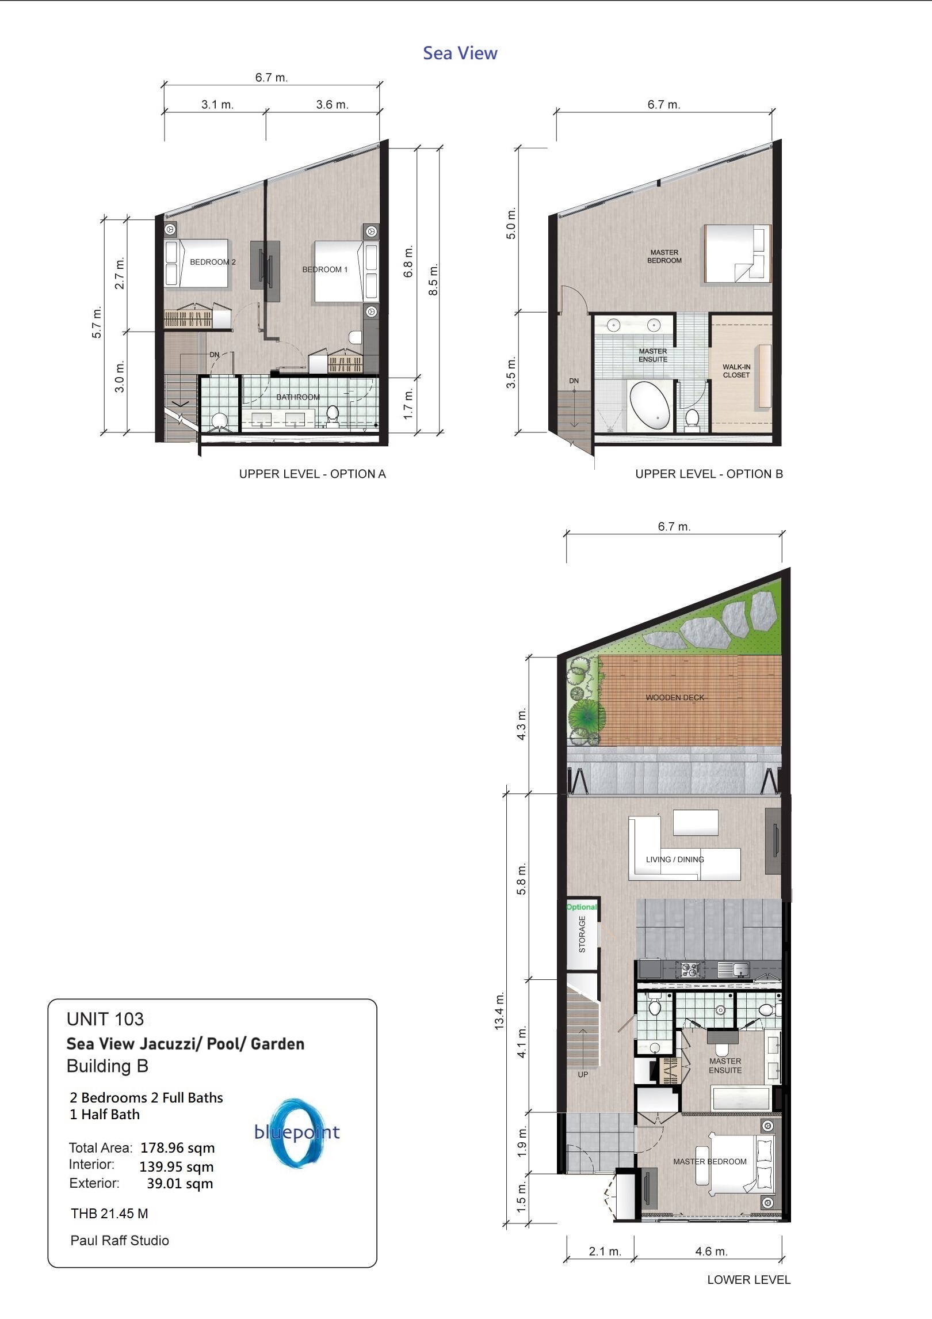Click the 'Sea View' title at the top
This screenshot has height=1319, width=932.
coord(460,53)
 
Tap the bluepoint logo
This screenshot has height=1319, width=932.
coord(297,1132)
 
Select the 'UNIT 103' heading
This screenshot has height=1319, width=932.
coord(105,1019)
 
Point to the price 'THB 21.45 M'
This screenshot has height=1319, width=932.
coord(109,1214)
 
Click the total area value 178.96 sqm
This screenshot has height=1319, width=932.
coord(178,1148)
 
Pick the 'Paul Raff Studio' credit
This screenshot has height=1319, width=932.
coord(120,1241)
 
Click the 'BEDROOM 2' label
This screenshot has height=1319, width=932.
coord(213,262)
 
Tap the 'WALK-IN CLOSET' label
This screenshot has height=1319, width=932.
coord(736,371)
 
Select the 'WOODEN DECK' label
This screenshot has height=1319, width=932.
coord(675,697)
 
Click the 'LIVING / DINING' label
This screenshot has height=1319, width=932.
coord(675,860)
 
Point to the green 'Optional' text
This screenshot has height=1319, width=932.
coord(582,907)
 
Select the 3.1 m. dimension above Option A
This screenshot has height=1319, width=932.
coord(217,105)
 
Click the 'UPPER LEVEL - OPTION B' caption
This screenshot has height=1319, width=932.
coord(709,474)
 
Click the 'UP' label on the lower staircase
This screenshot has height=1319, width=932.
coord(583,1074)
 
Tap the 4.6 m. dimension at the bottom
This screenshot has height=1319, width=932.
coord(711,1251)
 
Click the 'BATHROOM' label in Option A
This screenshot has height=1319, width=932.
coord(298,397)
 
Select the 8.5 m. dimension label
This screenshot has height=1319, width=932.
coord(434,280)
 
